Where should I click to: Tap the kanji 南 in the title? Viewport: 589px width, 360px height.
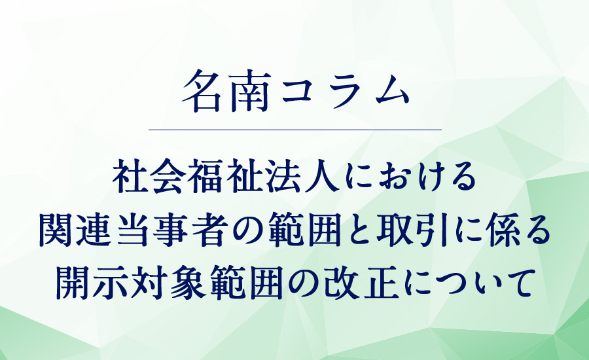[x=250, y=92]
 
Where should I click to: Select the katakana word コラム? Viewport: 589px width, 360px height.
[x=345, y=92]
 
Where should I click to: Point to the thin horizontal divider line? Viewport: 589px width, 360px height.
[x=295, y=130]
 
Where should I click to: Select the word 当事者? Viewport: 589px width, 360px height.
[x=169, y=229]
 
